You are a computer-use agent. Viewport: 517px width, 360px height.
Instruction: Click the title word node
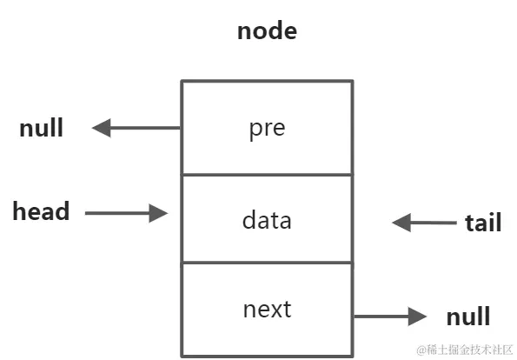tap(267, 32)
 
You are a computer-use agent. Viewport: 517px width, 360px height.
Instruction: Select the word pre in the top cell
tap(267, 129)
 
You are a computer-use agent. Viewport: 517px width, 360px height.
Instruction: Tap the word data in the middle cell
tap(267, 220)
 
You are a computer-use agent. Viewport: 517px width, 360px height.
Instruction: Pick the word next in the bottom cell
tap(267, 309)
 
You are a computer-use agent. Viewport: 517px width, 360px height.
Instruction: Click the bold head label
tap(41, 211)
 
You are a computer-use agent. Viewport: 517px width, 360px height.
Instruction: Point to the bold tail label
tap(482, 223)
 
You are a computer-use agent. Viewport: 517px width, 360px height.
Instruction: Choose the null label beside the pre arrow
tap(41, 129)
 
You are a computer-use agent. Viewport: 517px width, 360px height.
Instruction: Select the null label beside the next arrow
tap(467, 317)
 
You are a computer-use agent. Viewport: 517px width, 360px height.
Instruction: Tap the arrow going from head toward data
tap(126, 212)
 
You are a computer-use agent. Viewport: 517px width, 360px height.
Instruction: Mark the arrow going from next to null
tap(390, 317)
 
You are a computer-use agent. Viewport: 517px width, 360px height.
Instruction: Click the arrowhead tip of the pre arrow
tap(94, 129)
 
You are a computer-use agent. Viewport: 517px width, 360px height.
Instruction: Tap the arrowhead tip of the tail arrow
tap(394, 223)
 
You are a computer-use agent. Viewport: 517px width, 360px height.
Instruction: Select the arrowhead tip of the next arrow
tap(425, 317)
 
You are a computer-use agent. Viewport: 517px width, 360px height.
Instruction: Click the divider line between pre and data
tap(267, 174)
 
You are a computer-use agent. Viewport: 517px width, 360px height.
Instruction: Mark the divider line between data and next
tap(267, 262)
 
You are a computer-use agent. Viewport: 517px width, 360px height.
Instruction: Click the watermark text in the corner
tap(470, 350)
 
